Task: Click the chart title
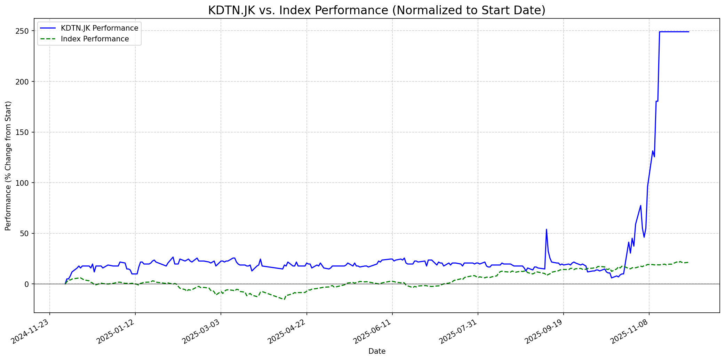coord(377,10)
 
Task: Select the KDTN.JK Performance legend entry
coord(99,28)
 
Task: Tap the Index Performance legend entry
coord(95,39)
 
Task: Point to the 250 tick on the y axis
coord(24,31)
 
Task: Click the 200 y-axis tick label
coord(24,82)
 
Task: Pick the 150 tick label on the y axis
coord(24,132)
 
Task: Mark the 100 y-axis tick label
coord(24,183)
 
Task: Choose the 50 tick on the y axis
coord(26,233)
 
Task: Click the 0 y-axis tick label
coord(28,284)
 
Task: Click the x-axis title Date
coord(377,351)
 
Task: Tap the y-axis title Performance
coord(8,166)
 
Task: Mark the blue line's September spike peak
coord(546,229)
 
